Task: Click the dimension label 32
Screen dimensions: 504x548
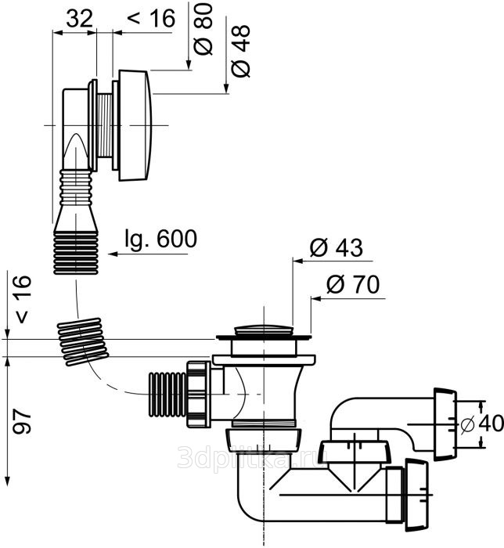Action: click(80, 19)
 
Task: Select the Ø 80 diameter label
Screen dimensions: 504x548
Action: click(203, 30)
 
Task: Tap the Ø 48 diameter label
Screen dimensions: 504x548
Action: click(241, 51)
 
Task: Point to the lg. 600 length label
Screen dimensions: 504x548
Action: click(161, 240)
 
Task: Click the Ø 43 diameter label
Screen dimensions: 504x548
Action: click(337, 248)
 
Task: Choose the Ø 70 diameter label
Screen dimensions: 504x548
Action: click(353, 284)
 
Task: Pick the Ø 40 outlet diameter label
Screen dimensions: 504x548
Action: click(482, 424)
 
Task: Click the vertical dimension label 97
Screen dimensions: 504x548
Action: click(22, 421)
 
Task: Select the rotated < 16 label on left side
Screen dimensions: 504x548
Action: click(23, 300)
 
